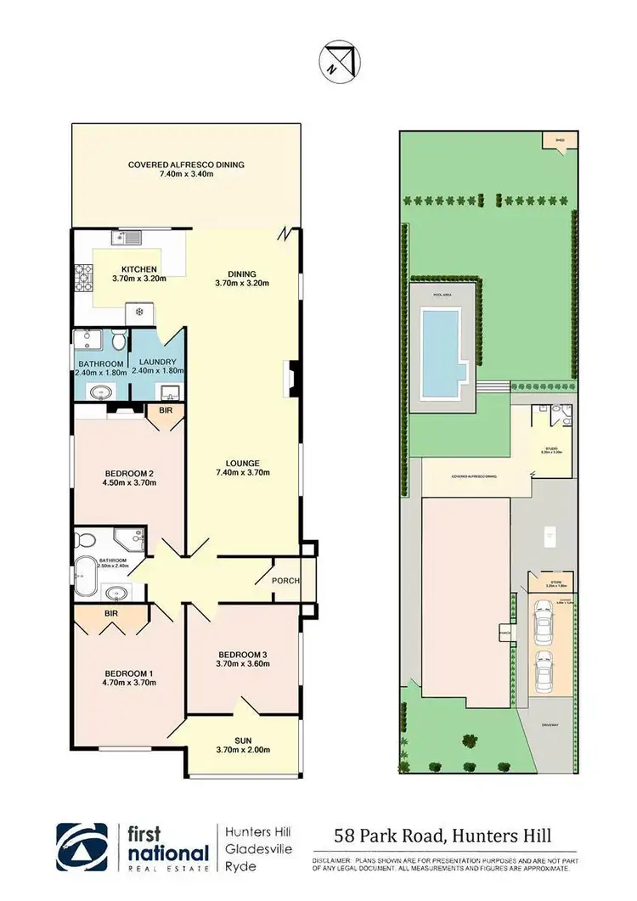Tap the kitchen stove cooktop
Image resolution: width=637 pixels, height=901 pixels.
pos(83,276)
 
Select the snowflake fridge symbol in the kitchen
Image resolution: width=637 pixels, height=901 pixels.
pos(140,312)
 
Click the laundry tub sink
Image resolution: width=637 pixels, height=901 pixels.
pos(169,392)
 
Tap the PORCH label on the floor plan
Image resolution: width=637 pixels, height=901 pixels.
pos(285,581)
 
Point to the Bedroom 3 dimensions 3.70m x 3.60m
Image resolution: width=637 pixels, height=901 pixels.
pos(244,664)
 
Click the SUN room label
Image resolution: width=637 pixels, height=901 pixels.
pos(243,740)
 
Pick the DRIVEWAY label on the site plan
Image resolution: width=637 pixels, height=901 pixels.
pos(548,724)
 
